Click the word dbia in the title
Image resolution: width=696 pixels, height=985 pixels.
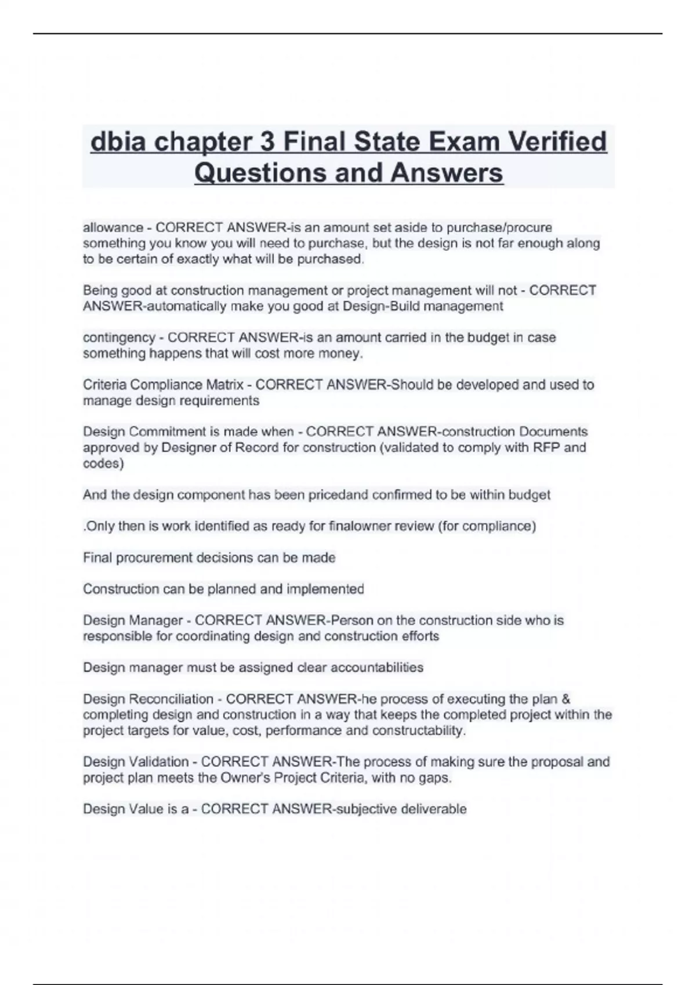pos(118,142)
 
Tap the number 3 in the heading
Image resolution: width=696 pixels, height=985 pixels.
pos(267,142)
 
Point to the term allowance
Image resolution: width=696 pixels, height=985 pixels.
pos(113,228)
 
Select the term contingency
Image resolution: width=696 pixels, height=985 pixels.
pos(119,338)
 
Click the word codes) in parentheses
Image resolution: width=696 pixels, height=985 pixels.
pos(103,464)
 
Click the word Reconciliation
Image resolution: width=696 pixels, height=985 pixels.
pos(171,699)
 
